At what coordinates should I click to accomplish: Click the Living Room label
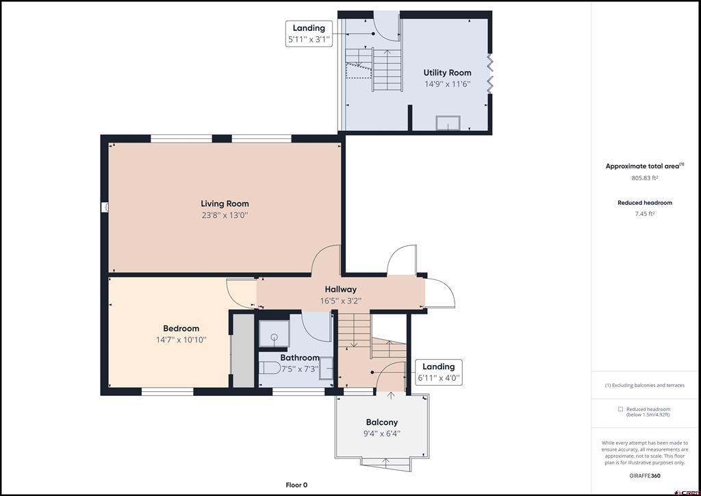[x=225, y=203]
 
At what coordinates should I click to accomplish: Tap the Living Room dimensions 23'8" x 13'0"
[x=225, y=215]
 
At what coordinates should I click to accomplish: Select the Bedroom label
[x=181, y=328]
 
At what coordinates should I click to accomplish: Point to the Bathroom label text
[x=300, y=358]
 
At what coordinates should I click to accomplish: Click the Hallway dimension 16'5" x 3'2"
[x=341, y=301]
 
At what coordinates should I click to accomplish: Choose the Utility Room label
[x=448, y=73]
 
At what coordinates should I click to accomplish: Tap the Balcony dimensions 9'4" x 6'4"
[x=382, y=434]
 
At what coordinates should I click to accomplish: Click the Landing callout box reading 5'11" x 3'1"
[x=309, y=34]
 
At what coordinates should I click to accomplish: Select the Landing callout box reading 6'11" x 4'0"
[x=439, y=372]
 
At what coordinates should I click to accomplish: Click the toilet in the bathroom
[x=270, y=368]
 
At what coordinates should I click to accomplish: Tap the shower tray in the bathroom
[x=274, y=334]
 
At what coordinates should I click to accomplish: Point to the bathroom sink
[x=326, y=368]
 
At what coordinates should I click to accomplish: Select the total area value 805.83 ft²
[x=645, y=177]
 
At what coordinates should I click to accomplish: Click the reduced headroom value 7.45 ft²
[x=645, y=214]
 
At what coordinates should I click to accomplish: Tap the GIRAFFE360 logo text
[x=645, y=476]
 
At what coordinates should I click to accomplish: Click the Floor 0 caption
[x=296, y=485]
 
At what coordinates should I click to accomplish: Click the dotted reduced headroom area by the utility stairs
[x=359, y=71]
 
